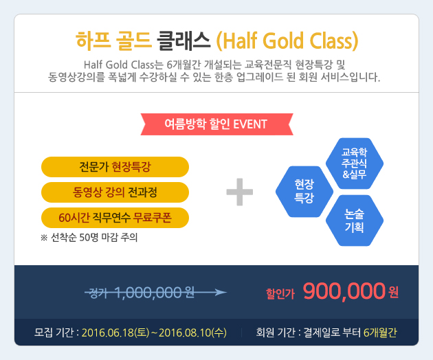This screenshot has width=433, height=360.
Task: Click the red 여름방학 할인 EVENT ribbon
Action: tap(216, 124)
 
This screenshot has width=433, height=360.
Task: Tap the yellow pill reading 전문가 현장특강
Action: tap(115, 167)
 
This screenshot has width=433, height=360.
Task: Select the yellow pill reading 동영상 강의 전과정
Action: tap(115, 192)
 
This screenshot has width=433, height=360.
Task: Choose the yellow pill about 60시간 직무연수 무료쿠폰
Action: tap(115, 218)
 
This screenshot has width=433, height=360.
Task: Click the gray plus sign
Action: tap(239, 192)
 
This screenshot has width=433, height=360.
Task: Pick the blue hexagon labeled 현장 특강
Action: tap(304, 191)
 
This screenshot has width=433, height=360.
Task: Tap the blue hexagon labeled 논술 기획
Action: tap(355, 221)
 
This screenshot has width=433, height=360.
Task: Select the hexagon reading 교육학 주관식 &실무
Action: tap(355, 164)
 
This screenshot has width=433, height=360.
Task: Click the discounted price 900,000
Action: tap(344, 291)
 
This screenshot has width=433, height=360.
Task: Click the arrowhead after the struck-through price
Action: tap(221, 293)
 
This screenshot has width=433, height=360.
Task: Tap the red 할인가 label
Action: tap(280, 294)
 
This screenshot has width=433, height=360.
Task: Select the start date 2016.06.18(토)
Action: tap(115, 333)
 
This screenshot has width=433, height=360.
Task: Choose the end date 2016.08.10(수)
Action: tap(192, 333)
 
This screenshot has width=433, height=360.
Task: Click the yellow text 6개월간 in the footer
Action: tap(380, 333)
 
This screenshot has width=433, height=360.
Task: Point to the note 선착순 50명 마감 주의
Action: tap(89, 238)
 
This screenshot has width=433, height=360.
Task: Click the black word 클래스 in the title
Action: tap(184, 41)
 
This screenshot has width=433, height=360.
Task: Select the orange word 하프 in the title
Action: tap(93, 41)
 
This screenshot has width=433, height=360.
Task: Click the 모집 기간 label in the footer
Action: tap(54, 333)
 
